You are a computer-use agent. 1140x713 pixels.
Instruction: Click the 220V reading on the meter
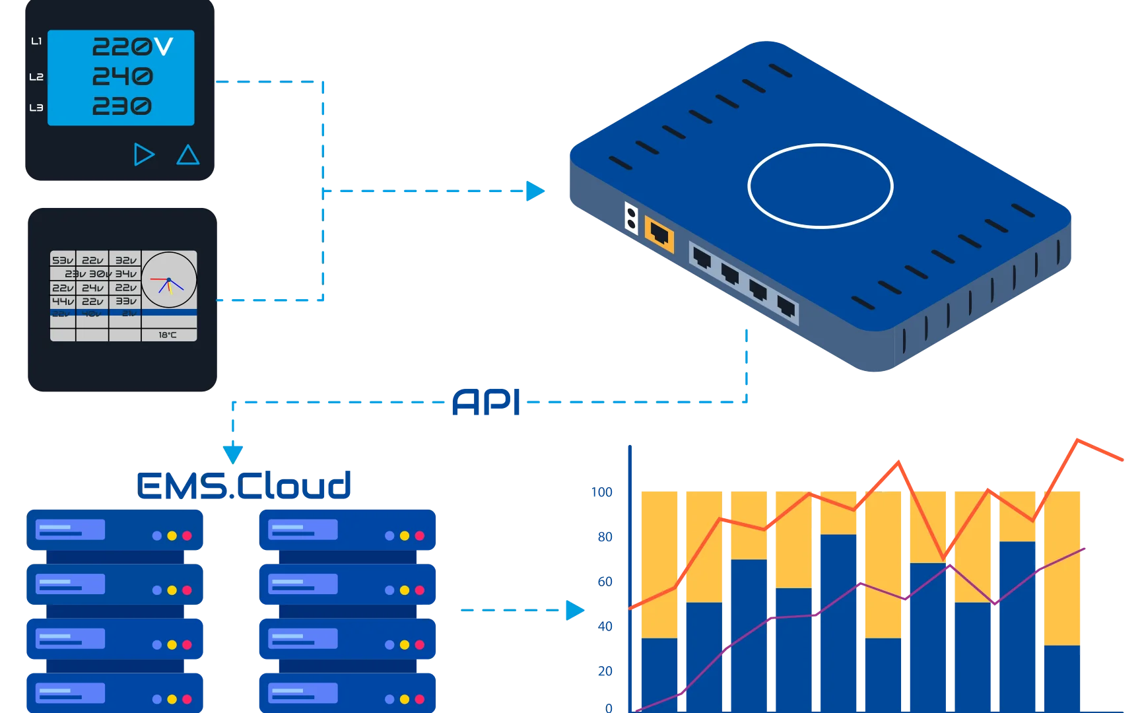132,46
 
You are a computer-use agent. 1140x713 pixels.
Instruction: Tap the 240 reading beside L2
123,77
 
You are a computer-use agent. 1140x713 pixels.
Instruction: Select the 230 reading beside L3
122,106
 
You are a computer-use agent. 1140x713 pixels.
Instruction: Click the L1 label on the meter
36,42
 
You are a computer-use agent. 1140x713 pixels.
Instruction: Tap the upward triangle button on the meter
188,155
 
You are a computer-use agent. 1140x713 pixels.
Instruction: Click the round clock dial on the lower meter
169,280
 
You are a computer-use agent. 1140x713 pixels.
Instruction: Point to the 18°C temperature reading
168,335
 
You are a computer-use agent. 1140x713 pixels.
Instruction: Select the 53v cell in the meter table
63,260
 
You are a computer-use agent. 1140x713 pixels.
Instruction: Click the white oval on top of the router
820,186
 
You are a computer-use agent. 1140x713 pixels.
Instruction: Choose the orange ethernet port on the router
659,233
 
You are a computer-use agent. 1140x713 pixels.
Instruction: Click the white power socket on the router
632,218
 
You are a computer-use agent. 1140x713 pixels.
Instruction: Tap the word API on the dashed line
486,402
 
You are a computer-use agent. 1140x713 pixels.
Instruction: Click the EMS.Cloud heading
244,485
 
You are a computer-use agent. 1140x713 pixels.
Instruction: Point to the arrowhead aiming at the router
536,191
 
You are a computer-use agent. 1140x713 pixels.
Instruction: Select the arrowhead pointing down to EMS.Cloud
232,453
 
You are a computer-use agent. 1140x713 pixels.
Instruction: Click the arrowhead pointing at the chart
575,610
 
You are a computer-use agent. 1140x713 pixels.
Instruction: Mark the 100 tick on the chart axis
602,492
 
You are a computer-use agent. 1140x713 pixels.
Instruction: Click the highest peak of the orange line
1078,439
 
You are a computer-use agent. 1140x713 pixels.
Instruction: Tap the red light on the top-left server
187,536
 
